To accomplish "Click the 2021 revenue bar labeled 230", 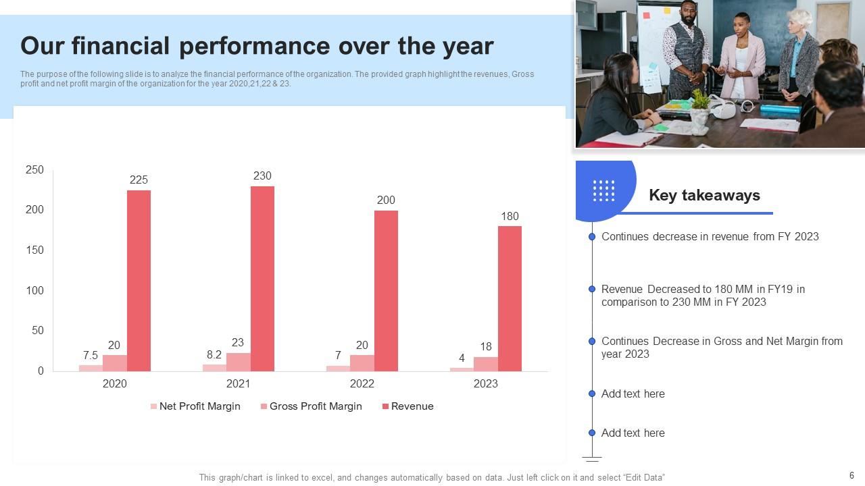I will [x=262, y=278].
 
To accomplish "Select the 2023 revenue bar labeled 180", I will [x=510, y=298].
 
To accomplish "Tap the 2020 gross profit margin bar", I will [x=115, y=362].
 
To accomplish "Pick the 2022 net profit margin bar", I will [x=338, y=368].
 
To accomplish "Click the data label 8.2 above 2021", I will [x=214, y=354].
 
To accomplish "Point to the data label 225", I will [x=139, y=180].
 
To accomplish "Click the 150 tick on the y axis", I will [x=34, y=250].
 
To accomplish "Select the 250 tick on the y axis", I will [x=34, y=170].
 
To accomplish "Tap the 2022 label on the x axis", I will [x=362, y=383].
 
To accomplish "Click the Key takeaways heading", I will [x=704, y=195].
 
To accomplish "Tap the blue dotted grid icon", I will [x=603, y=190].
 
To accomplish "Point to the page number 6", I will [x=851, y=475].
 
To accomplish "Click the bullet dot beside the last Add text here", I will [x=592, y=433].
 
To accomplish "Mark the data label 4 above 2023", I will [x=462, y=358].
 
